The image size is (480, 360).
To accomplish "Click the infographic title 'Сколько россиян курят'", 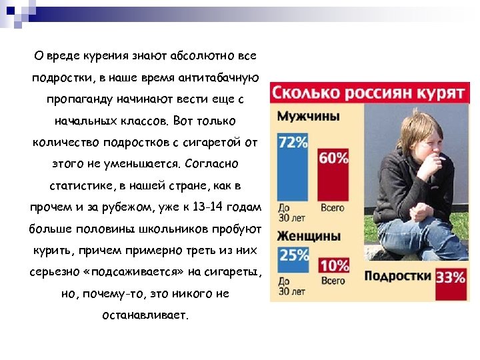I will (369, 93).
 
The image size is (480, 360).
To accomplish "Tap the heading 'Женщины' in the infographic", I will (309, 236).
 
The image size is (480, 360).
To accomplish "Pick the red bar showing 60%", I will (333, 177).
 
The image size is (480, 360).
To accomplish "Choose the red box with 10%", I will (333, 265).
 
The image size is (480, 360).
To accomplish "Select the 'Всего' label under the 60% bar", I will (333, 208).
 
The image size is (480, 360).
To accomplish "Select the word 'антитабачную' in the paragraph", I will (221, 77).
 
